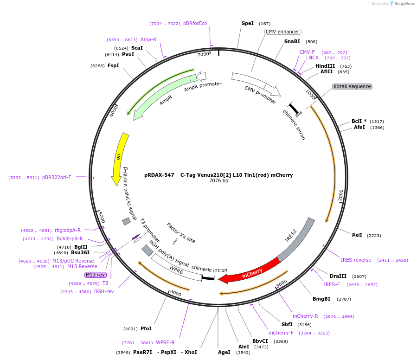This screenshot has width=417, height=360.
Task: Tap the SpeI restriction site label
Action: tap(248, 23)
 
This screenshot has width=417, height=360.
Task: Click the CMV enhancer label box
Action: tap(282, 32)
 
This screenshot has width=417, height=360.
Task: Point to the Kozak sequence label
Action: tap(352, 87)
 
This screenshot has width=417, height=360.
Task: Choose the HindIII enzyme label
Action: tap(325, 66)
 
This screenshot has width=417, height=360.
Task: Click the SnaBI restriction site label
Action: tap(292, 41)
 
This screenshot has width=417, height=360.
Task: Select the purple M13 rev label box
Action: tap(95, 275)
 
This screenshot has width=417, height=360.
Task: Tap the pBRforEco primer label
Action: tap(195, 23)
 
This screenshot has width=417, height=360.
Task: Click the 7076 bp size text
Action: tap(218, 181)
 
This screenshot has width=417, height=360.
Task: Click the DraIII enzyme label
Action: tap(338, 276)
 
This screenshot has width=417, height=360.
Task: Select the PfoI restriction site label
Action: tap(146, 328)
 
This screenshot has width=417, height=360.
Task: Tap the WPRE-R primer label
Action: tap(165, 342)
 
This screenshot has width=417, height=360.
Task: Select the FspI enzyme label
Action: tap(113, 65)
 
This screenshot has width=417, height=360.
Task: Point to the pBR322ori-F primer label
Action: tap(57, 177)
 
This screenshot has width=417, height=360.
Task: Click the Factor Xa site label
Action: tap(181, 232)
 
